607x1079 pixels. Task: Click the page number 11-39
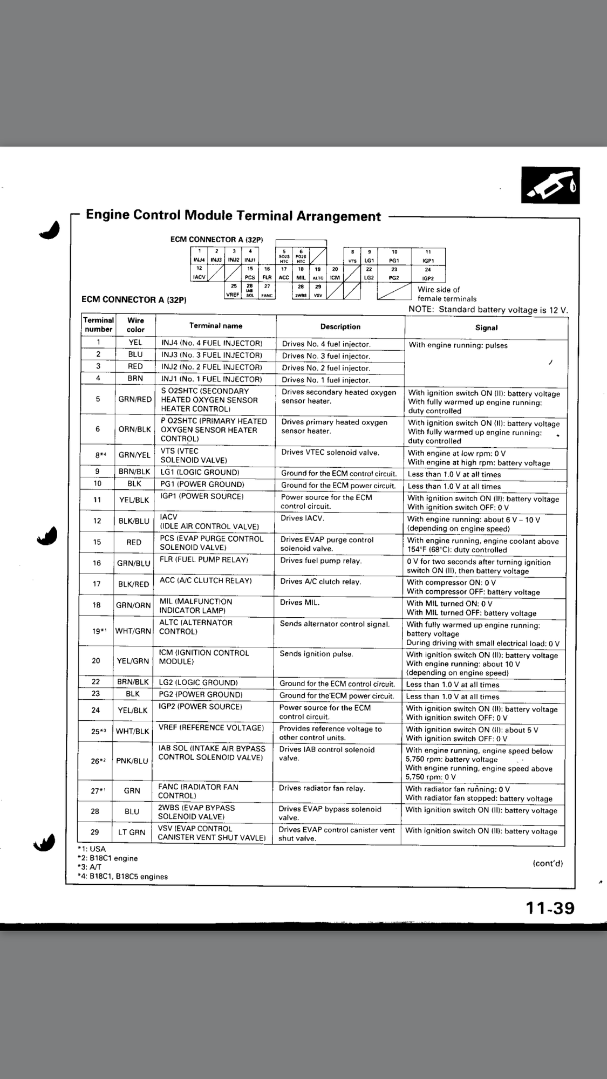[x=550, y=909]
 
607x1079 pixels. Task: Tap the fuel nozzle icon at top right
[x=550, y=185]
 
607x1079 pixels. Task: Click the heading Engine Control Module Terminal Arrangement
[x=233, y=216]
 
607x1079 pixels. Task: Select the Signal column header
[x=486, y=327]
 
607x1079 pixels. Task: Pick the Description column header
[x=340, y=326]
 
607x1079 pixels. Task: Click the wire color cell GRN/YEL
[x=134, y=455]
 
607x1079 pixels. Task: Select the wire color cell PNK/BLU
[x=132, y=761]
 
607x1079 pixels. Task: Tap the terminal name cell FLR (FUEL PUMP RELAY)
[x=203, y=560]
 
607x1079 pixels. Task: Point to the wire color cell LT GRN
[x=132, y=832]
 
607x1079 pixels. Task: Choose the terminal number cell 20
[x=96, y=660]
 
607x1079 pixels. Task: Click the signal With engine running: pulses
[x=458, y=345]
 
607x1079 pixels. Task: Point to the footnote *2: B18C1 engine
[x=107, y=858]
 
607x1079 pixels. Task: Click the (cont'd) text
[x=548, y=863]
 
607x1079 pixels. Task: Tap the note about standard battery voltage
[x=488, y=309]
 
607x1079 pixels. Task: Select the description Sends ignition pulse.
[x=316, y=654]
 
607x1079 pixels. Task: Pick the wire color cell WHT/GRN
[x=133, y=631]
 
